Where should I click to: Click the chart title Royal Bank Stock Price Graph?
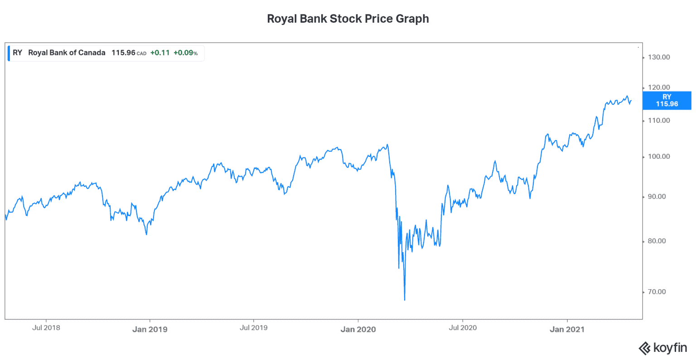coord(348,19)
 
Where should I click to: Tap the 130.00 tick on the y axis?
coord(659,57)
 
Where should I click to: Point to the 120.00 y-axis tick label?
coord(659,87)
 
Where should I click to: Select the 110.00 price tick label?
coord(659,121)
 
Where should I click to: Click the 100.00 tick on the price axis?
coord(659,156)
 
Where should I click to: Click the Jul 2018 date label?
coord(46,327)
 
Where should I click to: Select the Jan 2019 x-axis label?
coord(150,330)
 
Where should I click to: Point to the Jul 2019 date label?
coord(253,327)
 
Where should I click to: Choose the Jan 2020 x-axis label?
coord(358,330)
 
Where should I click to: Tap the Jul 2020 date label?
coord(463,327)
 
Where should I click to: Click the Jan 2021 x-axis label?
coord(567,330)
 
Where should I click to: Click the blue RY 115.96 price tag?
coord(667,100)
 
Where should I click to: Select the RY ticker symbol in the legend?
coord(17,53)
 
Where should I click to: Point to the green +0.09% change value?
coord(185,53)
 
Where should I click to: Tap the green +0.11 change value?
coord(160,53)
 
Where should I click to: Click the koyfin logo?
coord(663,348)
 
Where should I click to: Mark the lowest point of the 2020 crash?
coord(405,300)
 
